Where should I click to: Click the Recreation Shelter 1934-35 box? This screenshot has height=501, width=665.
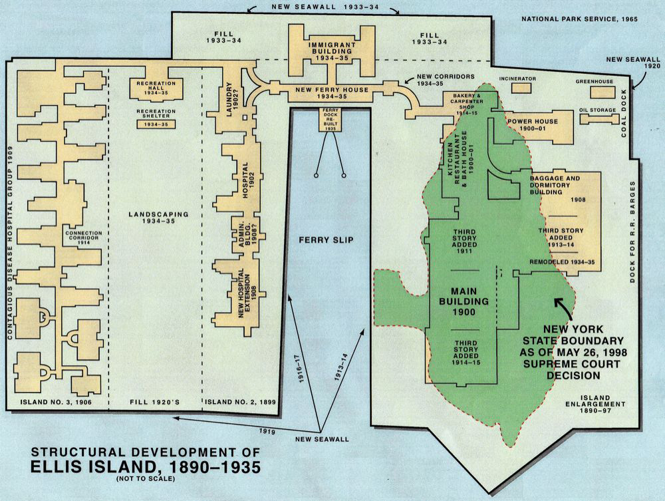156,124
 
